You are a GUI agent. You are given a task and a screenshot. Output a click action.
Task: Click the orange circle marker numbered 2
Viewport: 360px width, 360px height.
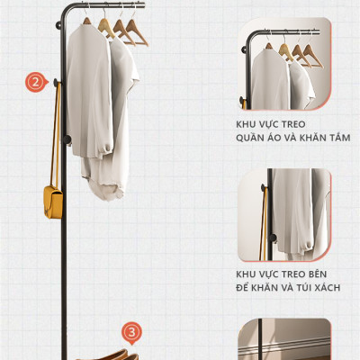pos(36,82)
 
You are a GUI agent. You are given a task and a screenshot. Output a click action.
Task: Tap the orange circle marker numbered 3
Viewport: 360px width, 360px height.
pos(131,332)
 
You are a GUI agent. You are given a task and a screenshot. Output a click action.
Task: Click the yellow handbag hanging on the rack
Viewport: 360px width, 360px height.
pos(53,202)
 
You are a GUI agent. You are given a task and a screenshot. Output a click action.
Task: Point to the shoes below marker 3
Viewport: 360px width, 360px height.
pos(108,355)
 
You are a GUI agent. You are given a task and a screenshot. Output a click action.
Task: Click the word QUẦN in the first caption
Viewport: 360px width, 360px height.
pos(248,138)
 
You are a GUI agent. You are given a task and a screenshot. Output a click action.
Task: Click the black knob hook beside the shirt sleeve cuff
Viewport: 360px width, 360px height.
pos(67,139)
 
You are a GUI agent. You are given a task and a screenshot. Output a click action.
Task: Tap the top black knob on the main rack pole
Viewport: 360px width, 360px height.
pos(58,25)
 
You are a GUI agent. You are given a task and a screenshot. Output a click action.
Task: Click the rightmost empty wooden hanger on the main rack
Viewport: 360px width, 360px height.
pos(136,32)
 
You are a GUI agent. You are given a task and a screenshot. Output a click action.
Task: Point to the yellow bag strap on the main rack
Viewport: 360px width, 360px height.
pos(56,135)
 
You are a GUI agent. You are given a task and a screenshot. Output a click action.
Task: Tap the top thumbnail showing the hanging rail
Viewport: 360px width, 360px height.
pos(284,64)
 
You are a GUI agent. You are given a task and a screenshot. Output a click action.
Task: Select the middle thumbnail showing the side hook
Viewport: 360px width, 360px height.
pos(284,215)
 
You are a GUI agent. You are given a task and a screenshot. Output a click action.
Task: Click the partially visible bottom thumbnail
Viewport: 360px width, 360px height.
pos(284,339)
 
